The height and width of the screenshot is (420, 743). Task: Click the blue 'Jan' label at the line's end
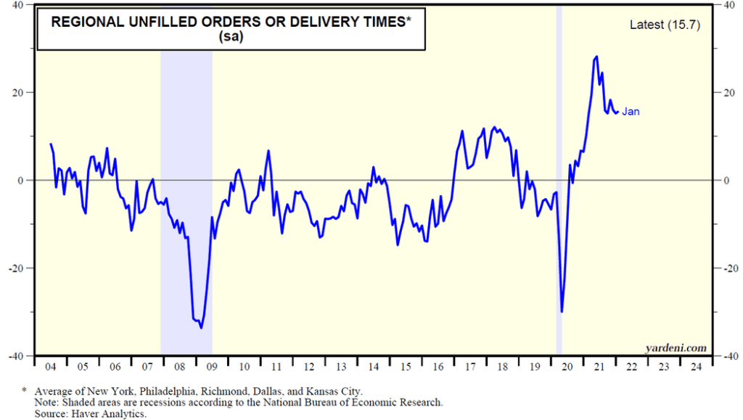pos(631,112)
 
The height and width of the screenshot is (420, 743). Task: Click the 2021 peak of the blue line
pos(596,57)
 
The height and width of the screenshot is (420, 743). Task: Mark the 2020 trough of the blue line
pos(562,312)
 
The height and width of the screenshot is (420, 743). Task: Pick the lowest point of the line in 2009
pos(201,328)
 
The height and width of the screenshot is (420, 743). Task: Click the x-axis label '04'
pos(51,366)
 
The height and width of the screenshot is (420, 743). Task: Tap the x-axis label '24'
pos(697,366)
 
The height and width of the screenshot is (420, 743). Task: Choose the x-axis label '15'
pos(406,366)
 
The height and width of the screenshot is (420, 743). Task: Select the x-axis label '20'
pos(567,366)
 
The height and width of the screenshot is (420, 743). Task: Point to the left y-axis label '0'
pos(20,180)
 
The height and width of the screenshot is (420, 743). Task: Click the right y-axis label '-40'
pos(726,356)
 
